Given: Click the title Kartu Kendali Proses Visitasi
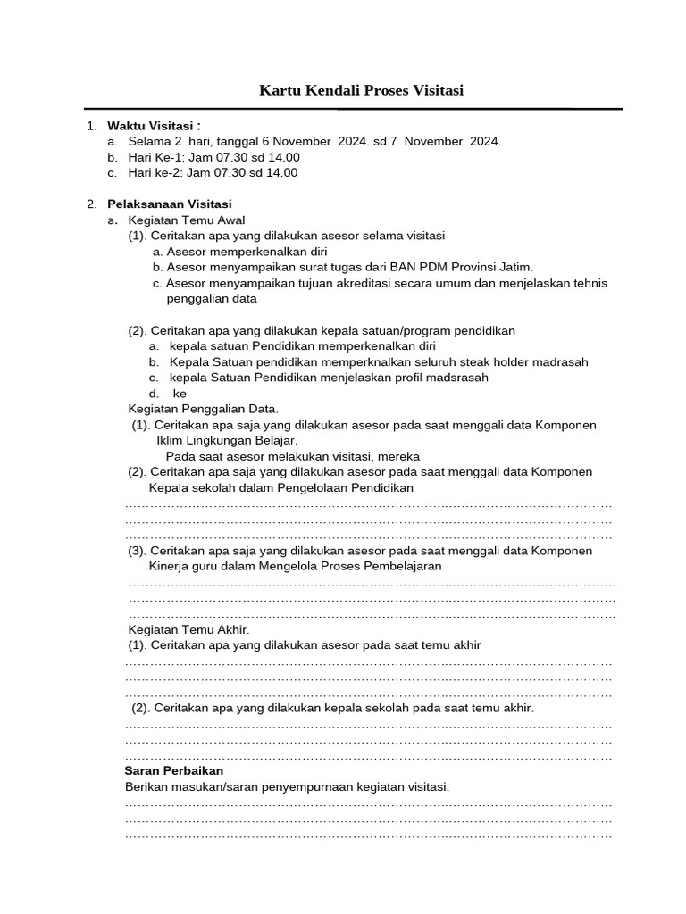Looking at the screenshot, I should pos(361,90).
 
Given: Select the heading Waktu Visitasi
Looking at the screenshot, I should pos(154,125).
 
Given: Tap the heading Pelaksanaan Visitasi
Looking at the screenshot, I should pos(170,204).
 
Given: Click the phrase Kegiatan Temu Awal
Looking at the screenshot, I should pos(187,220).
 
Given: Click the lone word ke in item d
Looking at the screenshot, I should pos(180,394).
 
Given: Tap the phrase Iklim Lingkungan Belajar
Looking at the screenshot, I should pos(227,441).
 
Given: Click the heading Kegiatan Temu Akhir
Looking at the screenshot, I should pos(189,629).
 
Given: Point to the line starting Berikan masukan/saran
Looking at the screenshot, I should pos(287,786).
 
